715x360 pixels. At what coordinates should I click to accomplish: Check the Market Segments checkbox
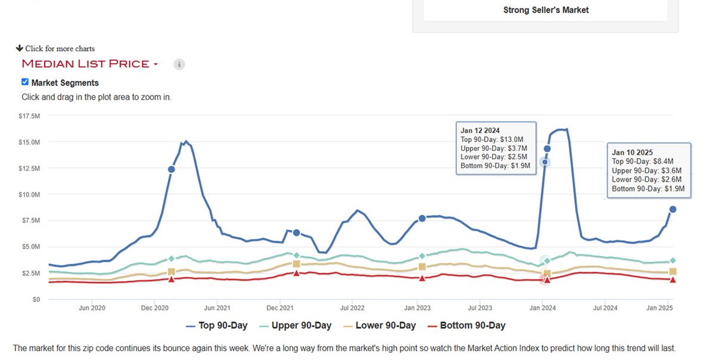click(25, 82)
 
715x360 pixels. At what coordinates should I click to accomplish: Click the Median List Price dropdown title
click(89, 64)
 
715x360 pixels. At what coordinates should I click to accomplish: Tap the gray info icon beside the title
click(179, 64)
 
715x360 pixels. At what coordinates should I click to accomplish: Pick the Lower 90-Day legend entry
click(378, 325)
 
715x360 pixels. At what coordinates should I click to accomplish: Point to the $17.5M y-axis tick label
click(29, 116)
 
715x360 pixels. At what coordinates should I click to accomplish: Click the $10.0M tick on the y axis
click(29, 194)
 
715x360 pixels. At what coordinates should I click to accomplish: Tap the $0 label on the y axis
click(36, 299)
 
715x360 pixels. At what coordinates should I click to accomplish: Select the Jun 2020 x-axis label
click(92, 308)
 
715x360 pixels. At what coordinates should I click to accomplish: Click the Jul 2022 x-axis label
click(352, 308)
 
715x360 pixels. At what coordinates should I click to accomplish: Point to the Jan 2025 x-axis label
click(660, 308)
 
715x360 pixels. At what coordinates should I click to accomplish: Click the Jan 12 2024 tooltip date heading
click(480, 131)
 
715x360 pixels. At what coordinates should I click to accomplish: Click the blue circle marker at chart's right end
click(673, 209)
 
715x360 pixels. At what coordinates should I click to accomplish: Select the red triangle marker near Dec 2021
click(296, 273)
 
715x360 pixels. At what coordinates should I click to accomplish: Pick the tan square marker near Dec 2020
click(172, 272)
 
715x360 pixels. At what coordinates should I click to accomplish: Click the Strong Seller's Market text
click(546, 10)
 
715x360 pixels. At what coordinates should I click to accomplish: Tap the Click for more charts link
click(60, 49)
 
